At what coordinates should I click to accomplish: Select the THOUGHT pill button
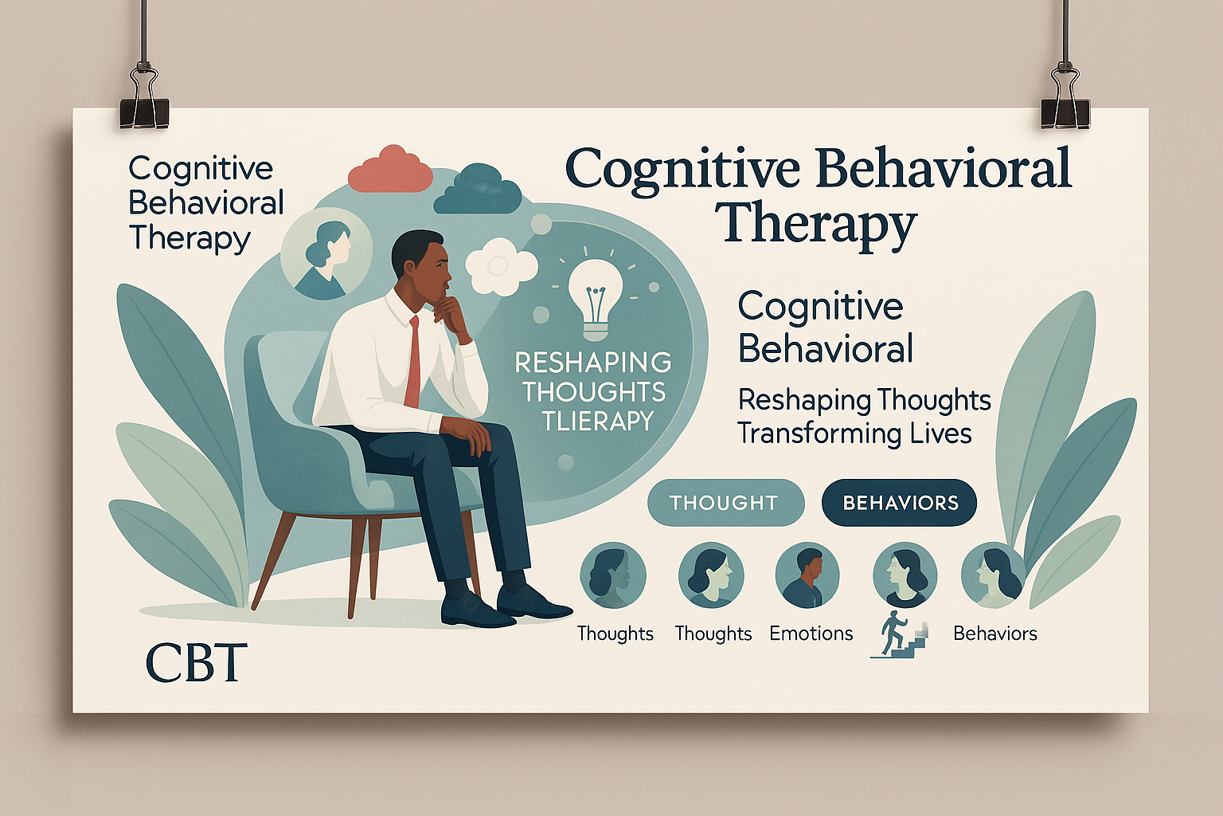725,503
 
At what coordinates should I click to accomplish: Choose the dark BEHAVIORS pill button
900,503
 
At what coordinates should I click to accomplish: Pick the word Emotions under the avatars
811,634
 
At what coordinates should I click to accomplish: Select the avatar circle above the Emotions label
807,575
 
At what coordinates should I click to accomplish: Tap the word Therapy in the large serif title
819,224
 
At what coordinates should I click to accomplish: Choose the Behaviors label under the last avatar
994,634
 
